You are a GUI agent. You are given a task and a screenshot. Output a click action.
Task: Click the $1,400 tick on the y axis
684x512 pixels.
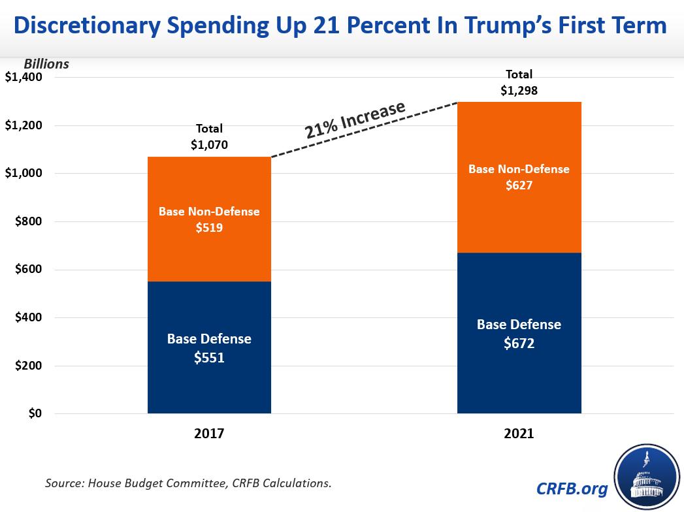24,78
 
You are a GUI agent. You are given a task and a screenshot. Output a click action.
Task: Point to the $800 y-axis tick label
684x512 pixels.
28,222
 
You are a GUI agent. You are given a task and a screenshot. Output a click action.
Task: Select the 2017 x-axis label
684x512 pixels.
209,433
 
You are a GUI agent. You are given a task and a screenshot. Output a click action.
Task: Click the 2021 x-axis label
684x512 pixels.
519,433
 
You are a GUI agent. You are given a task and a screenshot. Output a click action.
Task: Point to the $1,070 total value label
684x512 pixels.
209,145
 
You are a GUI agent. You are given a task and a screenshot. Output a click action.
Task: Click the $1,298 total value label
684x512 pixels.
519,91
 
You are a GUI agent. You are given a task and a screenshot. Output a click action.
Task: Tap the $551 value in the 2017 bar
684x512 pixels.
209,358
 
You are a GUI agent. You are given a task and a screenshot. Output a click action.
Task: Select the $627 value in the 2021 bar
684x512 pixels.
519,185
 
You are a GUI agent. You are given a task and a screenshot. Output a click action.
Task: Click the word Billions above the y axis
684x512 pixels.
46,64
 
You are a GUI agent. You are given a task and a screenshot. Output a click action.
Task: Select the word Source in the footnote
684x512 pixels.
63,484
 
